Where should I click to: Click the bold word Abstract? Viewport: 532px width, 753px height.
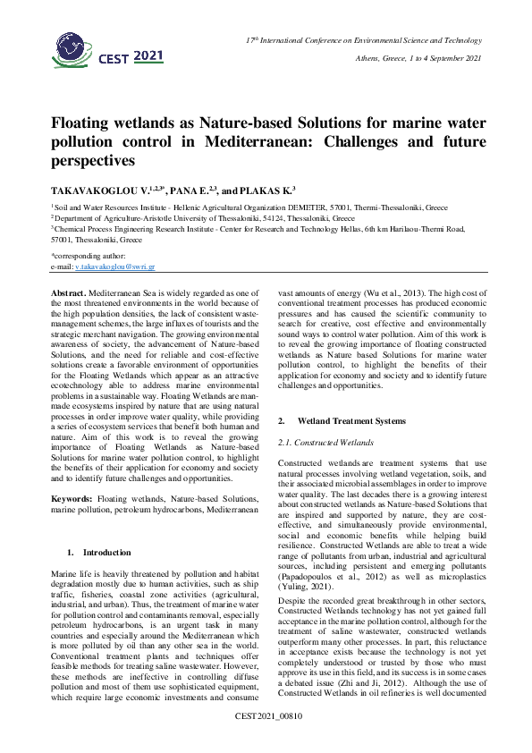(69, 293)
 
